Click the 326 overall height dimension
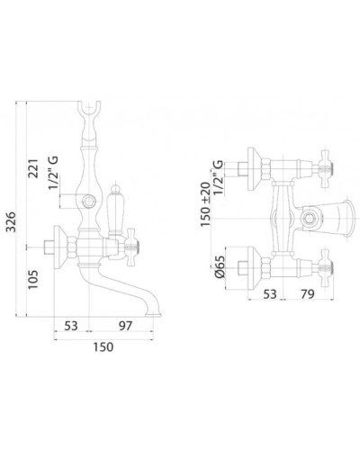click(x=12, y=222)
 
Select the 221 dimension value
click(x=33, y=168)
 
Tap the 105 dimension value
click(x=33, y=280)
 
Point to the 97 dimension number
click(x=125, y=326)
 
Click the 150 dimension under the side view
click(x=103, y=346)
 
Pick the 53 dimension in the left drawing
click(x=71, y=326)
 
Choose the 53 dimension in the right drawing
click(x=269, y=294)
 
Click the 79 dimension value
click(x=308, y=294)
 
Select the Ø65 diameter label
click(x=220, y=266)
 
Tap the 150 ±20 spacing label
click(x=206, y=204)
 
